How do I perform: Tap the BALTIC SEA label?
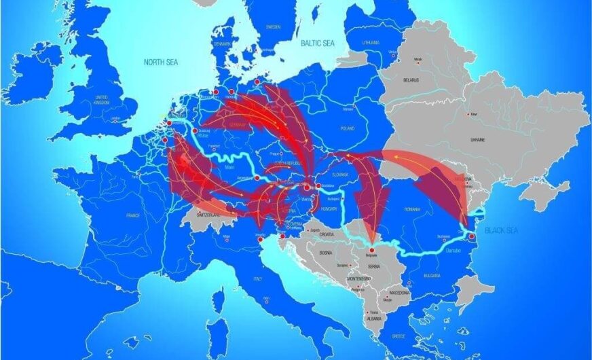[x=318, y=43]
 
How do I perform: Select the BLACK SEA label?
[x=501, y=231]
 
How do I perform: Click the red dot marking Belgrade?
[x=372, y=251]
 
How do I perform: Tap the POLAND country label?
[x=348, y=128]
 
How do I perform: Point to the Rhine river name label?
[x=202, y=136]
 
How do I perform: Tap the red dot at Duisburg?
[x=195, y=130]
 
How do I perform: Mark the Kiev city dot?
[x=466, y=113]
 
